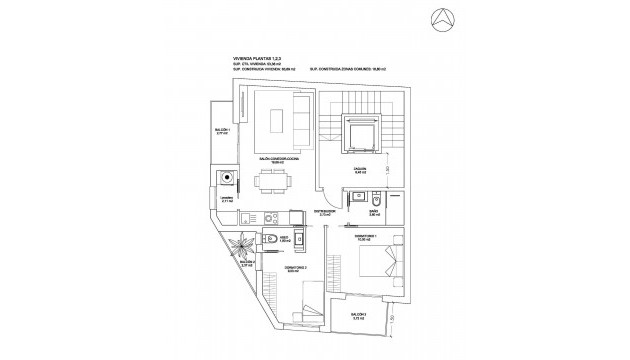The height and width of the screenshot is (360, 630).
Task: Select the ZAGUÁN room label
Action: pos(359,171)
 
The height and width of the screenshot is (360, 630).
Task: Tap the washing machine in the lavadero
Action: pos(230,180)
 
